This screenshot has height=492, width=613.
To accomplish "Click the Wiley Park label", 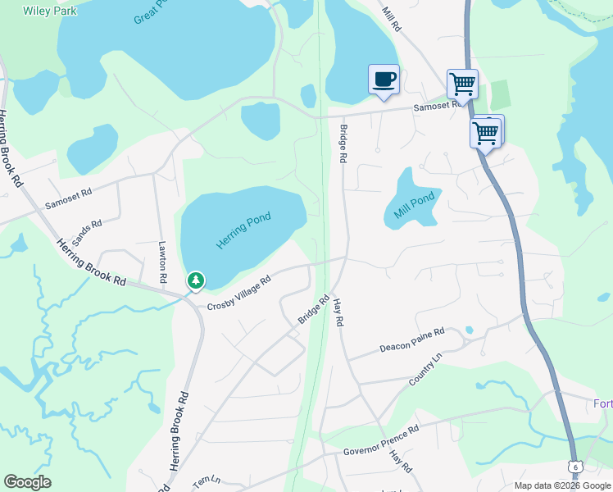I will (38, 11).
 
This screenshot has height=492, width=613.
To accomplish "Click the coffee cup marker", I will (384, 80).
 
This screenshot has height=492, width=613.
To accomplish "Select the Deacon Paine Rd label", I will (411, 340).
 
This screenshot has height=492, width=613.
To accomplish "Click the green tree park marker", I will (196, 281).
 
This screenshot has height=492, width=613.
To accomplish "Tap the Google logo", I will (27, 482).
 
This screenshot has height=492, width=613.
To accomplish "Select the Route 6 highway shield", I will (576, 467).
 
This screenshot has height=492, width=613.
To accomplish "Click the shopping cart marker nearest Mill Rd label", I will (463, 84).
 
